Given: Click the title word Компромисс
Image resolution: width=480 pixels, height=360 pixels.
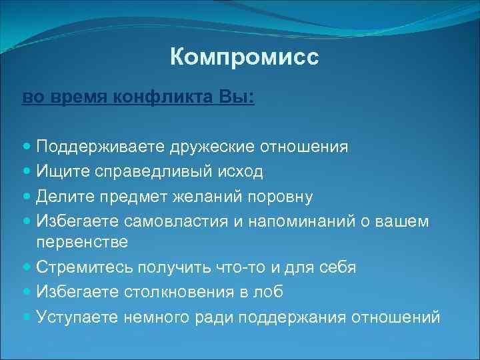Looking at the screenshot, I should (x=245, y=57).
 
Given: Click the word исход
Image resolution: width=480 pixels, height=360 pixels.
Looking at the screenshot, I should (x=241, y=171).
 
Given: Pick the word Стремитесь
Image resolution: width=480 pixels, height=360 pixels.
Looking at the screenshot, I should (x=84, y=267).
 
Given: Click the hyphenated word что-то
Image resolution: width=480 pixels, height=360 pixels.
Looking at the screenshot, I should (x=241, y=267).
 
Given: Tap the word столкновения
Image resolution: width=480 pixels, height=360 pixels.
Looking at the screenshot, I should (x=179, y=291).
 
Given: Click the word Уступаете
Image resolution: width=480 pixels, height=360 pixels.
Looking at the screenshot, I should (x=78, y=316).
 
